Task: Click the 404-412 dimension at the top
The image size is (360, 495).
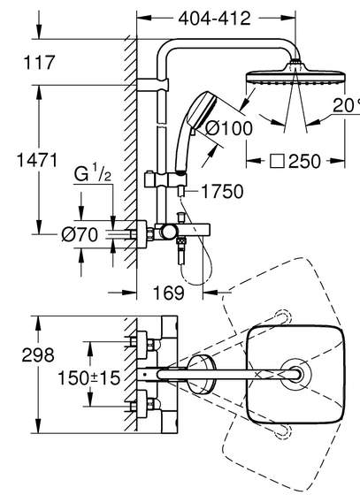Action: point(214,19)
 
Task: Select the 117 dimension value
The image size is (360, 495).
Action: point(39,62)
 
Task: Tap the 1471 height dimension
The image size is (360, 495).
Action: point(37,160)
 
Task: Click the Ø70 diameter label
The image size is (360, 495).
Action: point(80,234)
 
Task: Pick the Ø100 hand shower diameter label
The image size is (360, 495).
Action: point(229,128)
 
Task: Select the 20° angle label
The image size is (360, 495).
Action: point(346,105)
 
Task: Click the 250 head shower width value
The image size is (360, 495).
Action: point(304,161)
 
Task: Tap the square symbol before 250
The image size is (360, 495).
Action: point(277,161)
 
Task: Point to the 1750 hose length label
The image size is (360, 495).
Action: point(222,191)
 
